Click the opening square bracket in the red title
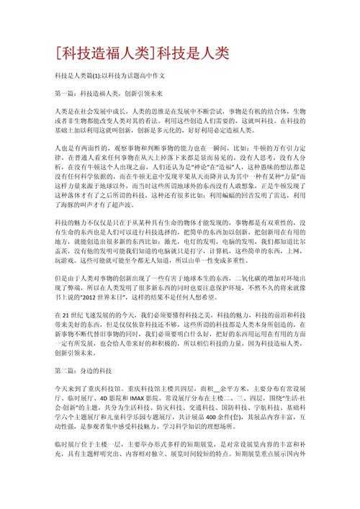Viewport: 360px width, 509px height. coord(58,53)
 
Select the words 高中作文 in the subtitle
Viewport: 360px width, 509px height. coord(153,76)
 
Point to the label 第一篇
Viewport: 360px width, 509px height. coord(66,94)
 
